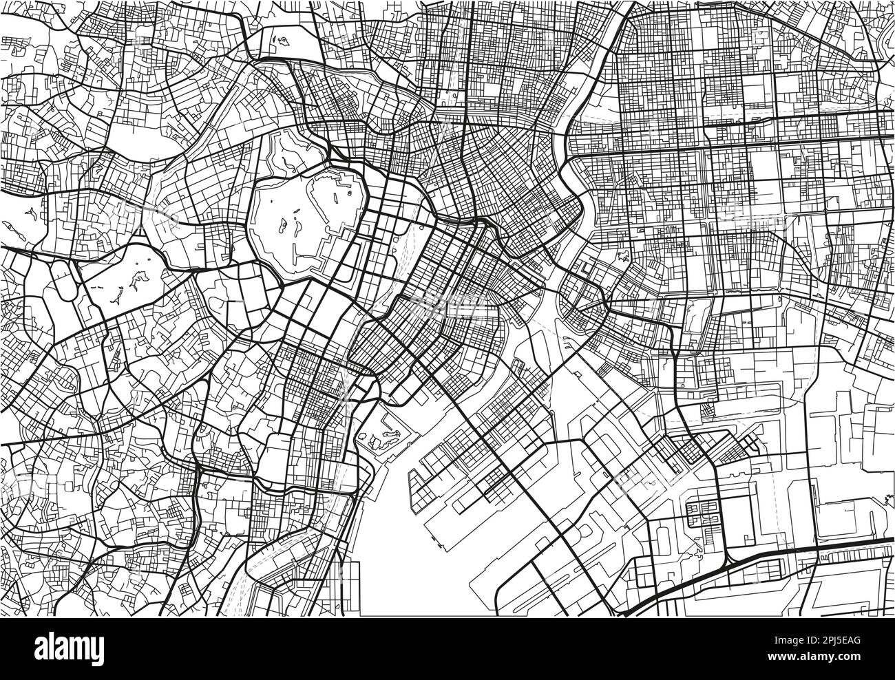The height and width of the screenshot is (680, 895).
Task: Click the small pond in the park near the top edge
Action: click(x=282, y=43)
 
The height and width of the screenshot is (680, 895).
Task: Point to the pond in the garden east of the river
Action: click(x=622, y=259)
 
